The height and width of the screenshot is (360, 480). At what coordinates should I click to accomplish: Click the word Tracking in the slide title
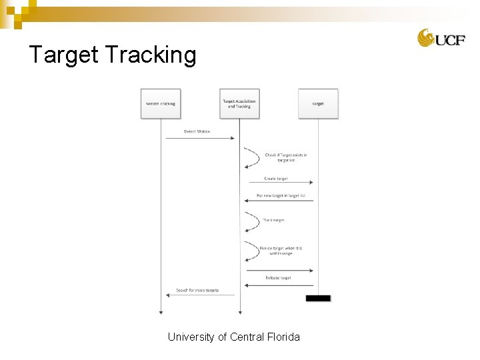tap(151, 55)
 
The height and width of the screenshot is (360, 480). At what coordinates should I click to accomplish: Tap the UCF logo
tap(441, 39)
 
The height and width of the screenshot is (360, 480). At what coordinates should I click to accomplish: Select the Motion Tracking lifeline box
tap(161, 103)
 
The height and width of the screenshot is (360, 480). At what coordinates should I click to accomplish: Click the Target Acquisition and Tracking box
tap(239, 103)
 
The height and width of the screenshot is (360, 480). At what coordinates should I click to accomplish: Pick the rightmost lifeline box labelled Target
tap(318, 103)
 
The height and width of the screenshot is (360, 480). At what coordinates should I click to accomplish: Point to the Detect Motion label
tap(197, 131)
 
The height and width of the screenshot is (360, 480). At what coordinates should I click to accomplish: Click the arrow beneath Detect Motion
tap(200, 138)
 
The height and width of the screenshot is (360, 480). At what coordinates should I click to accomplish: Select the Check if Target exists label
tap(286, 157)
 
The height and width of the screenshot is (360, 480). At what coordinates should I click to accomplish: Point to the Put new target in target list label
tap(281, 196)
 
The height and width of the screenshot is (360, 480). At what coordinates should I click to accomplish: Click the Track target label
tap(273, 220)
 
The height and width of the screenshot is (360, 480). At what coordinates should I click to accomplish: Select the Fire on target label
tap(281, 251)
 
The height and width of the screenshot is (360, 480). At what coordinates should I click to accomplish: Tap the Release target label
tap(278, 277)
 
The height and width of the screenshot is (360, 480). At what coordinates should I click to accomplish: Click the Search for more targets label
tap(197, 291)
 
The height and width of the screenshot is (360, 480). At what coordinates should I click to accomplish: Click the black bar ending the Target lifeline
tap(318, 298)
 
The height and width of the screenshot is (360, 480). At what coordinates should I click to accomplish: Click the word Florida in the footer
tap(283, 337)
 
